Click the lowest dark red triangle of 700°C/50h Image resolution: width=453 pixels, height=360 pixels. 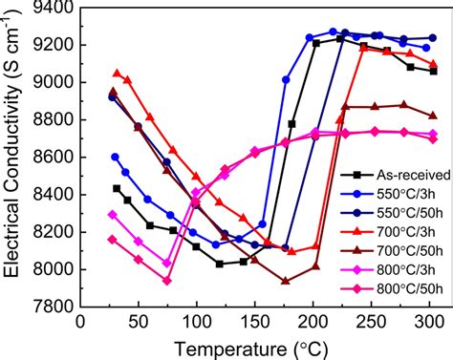tap(285, 281)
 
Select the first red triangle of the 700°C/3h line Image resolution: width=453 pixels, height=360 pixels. tap(116, 73)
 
